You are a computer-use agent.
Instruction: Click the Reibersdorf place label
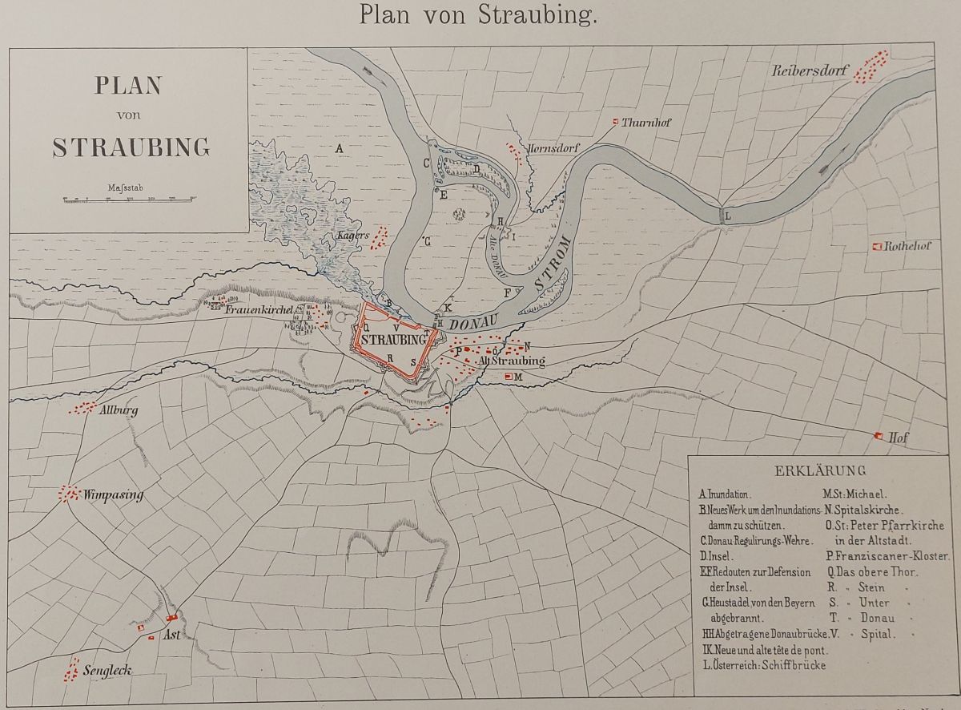pyautogui.click(x=809, y=71)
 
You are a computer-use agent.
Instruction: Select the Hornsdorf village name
pyautogui.click(x=553, y=149)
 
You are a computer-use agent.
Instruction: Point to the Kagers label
pyautogui.click(x=353, y=236)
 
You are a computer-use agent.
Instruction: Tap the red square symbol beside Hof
pyautogui.click(x=879, y=435)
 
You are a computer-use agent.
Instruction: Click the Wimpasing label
pyautogui.click(x=113, y=494)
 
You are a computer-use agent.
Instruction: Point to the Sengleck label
pyautogui.click(x=107, y=670)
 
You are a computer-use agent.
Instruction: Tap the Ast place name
pyautogui.click(x=171, y=635)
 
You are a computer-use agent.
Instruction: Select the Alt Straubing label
pyautogui.click(x=510, y=361)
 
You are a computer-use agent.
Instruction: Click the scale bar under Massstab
pyautogui.click(x=128, y=199)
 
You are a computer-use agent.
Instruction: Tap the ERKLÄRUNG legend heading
pyautogui.click(x=819, y=470)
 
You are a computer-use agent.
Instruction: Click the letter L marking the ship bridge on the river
pyautogui.click(x=727, y=215)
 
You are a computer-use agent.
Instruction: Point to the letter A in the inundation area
pyautogui.click(x=339, y=149)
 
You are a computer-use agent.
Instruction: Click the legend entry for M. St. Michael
pyautogui.click(x=854, y=494)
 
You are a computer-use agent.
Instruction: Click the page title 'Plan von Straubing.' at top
pyautogui.click(x=478, y=14)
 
